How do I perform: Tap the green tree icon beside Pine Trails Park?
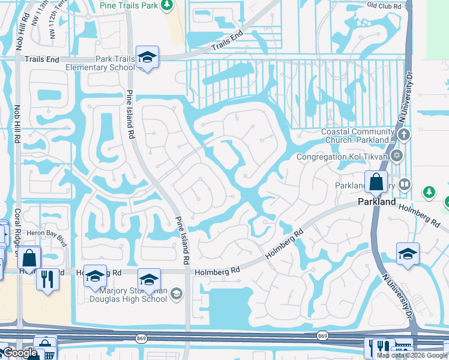pyautogui.click(x=167, y=5)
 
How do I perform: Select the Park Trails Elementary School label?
pyautogui.click(x=100, y=64)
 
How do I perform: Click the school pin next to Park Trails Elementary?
pyautogui.click(x=147, y=58)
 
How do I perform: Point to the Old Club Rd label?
pyautogui.click(x=384, y=5)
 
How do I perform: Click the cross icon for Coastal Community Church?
pyautogui.click(x=403, y=134)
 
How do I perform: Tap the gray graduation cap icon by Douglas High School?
pyautogui.click(x=176, y=293)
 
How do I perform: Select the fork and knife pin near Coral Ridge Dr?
pyautogui.click(x=47, y=279)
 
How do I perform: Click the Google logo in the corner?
pyautogui.click(x=19, y=353)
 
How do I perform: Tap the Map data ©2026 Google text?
pyautogui.click(x=412, y=355)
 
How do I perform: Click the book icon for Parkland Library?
pyautogui.click(x=405, y=184)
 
